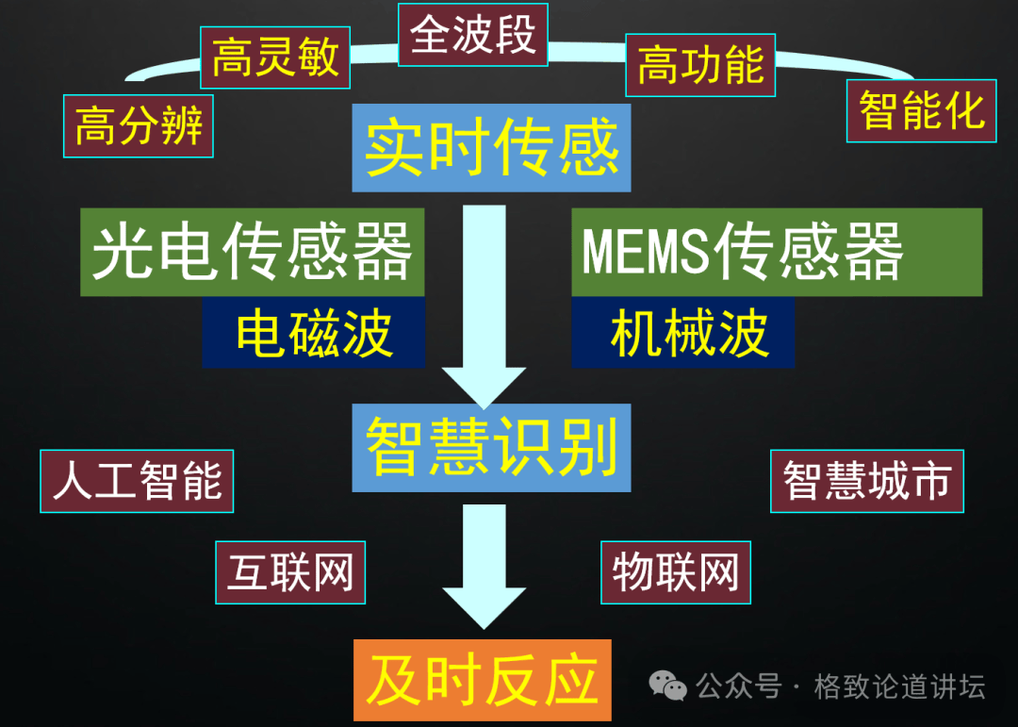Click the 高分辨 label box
tap(139, 125)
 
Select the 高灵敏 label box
tap(274, 57)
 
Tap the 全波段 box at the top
tap(472, 35)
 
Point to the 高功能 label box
tap(699, 65)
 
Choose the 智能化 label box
tap(921, 111)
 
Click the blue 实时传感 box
tap(491, 147)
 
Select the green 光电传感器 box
tap(252, 252)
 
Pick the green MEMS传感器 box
tap(776, 252)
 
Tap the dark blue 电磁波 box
tap(314, 334)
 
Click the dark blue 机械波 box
tap(682, 334)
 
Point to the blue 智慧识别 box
tap(491, 447)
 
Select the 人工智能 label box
tap(137, 481)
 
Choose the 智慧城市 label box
tap(866, 481)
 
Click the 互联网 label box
tap(289, 572)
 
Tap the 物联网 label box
tap(675, 572)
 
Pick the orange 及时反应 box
tap(482, 680)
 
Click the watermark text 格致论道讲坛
tap(899, 686)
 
